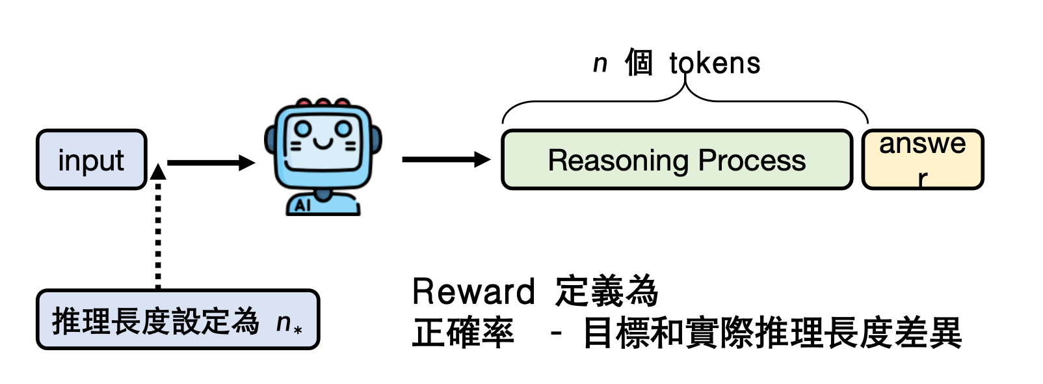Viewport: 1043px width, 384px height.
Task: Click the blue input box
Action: pyautogui.click(x=92, y=160)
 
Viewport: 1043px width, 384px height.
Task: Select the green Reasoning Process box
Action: pyautogui.click(x=676, y=160)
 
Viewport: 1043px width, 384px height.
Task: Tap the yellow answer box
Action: pyautogui.click(x=922, y=160)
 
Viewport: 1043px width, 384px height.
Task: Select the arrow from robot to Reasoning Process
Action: pyautogui.click(x=445, y=159)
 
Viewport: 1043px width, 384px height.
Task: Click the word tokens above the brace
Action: pyautogui.click(x=715, y=64)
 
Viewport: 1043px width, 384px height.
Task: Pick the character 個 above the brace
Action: pyautogui.click(x=639, y=64)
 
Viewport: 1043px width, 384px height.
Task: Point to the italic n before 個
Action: pyautogui.click(x=600, y=64)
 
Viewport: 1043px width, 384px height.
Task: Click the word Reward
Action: pyautogui.click(x=473, y=292)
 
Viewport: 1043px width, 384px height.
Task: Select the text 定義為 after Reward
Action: pyautogui.click(x=607, y=292)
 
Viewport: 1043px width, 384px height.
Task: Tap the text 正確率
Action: pyautogui.click(x=463, y=333)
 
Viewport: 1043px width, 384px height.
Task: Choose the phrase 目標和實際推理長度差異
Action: pyautogui.click(x=772, y=333)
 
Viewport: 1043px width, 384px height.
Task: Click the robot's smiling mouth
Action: pyautogui.click(x=323, y=142)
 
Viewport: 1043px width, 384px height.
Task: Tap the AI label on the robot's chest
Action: pyautogui.click(x=302, y=206)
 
